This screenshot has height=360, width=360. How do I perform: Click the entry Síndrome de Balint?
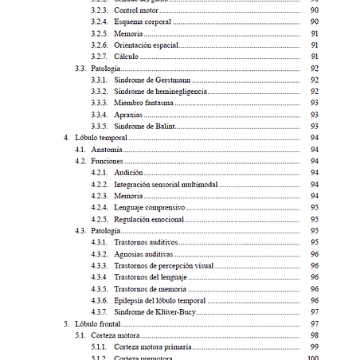click(144, 127)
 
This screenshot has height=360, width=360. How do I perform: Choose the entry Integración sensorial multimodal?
click(166, 184)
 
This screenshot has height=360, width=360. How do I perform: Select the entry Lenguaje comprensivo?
click(150, 207)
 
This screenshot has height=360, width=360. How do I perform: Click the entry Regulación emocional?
click(150, 219)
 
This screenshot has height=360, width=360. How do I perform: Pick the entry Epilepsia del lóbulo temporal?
click(160, 300)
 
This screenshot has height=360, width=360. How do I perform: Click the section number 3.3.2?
click(100, 92)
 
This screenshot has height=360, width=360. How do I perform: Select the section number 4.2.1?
click(100, 173)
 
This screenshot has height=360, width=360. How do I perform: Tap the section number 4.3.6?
click(100, 300)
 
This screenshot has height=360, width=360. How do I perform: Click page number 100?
click(314, 358)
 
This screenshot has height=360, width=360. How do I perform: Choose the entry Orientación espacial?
click(146, 45)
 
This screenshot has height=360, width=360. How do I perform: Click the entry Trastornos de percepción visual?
click(164, 265)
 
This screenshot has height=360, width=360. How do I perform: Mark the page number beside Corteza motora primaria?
click(315, 347)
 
